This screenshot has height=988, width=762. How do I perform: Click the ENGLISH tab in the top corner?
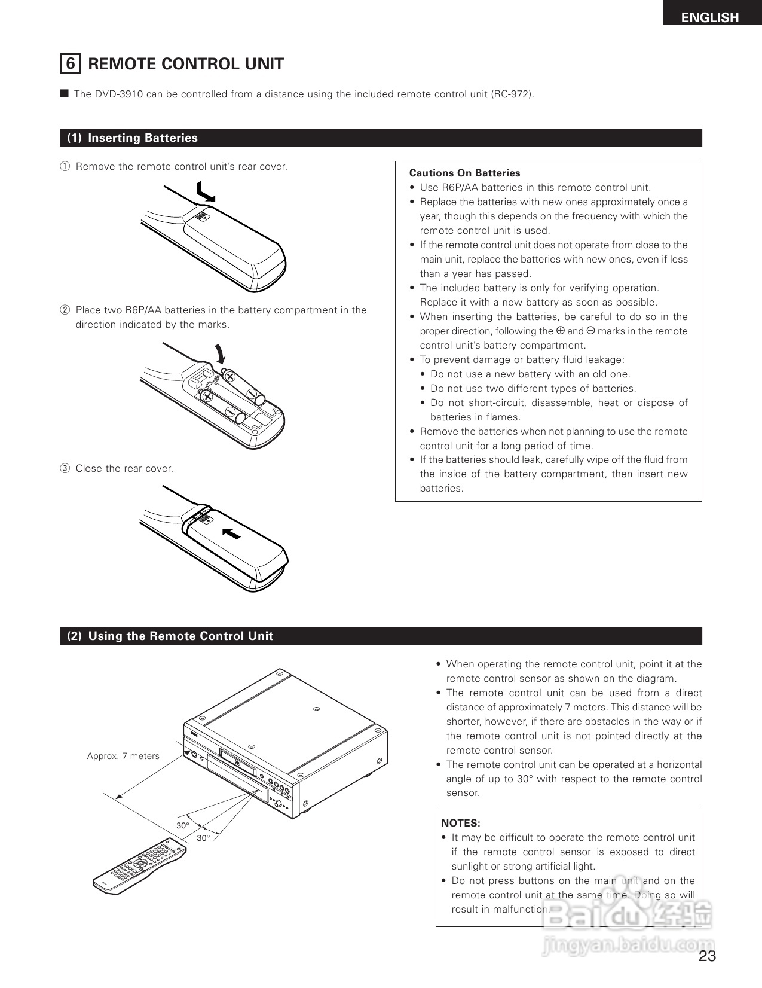click(710, 17)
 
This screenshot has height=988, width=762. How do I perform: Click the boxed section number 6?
click(71, 64)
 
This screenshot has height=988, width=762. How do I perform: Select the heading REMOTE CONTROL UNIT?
click(186, 64)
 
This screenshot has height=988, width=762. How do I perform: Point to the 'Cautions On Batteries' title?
click(464, 173)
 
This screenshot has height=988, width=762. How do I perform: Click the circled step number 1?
click(65, 167)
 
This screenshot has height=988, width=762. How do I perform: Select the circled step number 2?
click(65, 310)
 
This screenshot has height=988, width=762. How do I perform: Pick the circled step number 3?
click(65, 469)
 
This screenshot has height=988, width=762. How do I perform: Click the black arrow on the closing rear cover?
click(231, 533)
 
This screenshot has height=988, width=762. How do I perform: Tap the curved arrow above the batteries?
click(220, 353)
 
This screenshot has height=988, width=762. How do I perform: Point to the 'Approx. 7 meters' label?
click(123, 756)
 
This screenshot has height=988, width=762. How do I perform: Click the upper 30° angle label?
click(183, 825)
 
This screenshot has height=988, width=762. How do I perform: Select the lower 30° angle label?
click(203, 838)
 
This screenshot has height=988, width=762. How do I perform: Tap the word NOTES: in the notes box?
click(460, 824)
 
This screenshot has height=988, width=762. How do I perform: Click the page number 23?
click(707, 956)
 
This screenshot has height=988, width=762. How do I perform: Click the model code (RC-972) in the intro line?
click(512, 94)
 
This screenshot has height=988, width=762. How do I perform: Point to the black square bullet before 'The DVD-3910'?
click(65, 94)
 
